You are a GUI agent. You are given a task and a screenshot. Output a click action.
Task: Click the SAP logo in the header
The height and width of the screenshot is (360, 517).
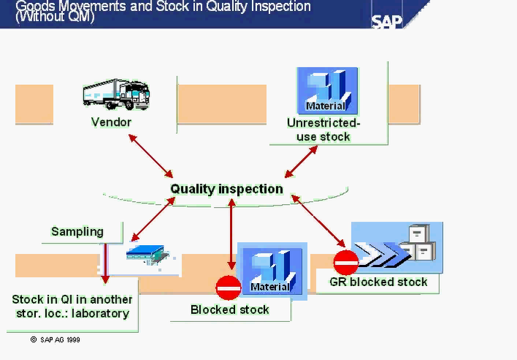tap(387, 20)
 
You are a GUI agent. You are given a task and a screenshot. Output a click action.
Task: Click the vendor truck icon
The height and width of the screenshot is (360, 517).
tap(116, 94)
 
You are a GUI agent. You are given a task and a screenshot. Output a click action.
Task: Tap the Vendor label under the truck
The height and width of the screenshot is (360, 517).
tap(111, 122)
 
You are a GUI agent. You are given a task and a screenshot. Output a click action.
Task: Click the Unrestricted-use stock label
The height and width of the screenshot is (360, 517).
tap(323, 130)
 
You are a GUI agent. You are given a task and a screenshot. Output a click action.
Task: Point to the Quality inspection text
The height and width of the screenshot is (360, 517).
tap(226, 189)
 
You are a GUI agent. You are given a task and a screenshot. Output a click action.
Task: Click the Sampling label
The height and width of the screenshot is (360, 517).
tap(77, 232)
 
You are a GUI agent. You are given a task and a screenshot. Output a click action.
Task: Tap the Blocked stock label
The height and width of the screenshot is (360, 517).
tap(229, 310)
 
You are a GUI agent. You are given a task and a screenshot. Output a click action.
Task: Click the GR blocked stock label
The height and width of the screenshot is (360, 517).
tap(378, 282)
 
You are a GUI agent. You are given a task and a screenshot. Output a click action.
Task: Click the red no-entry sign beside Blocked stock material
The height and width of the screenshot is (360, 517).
tap(228, 288)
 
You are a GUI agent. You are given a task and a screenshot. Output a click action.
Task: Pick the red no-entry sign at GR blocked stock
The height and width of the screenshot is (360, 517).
tap(346, 261)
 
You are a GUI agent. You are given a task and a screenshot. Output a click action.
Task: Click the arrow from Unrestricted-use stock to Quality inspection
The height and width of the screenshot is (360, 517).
tap(301, 161)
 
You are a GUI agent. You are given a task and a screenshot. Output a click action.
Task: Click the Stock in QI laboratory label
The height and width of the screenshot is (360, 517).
tap(72, 307)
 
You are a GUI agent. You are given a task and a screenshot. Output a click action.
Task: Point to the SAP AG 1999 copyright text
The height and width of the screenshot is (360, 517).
tap(56, 340)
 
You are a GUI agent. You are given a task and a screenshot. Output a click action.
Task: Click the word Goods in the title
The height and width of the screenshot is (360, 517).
tap(35, 6)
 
